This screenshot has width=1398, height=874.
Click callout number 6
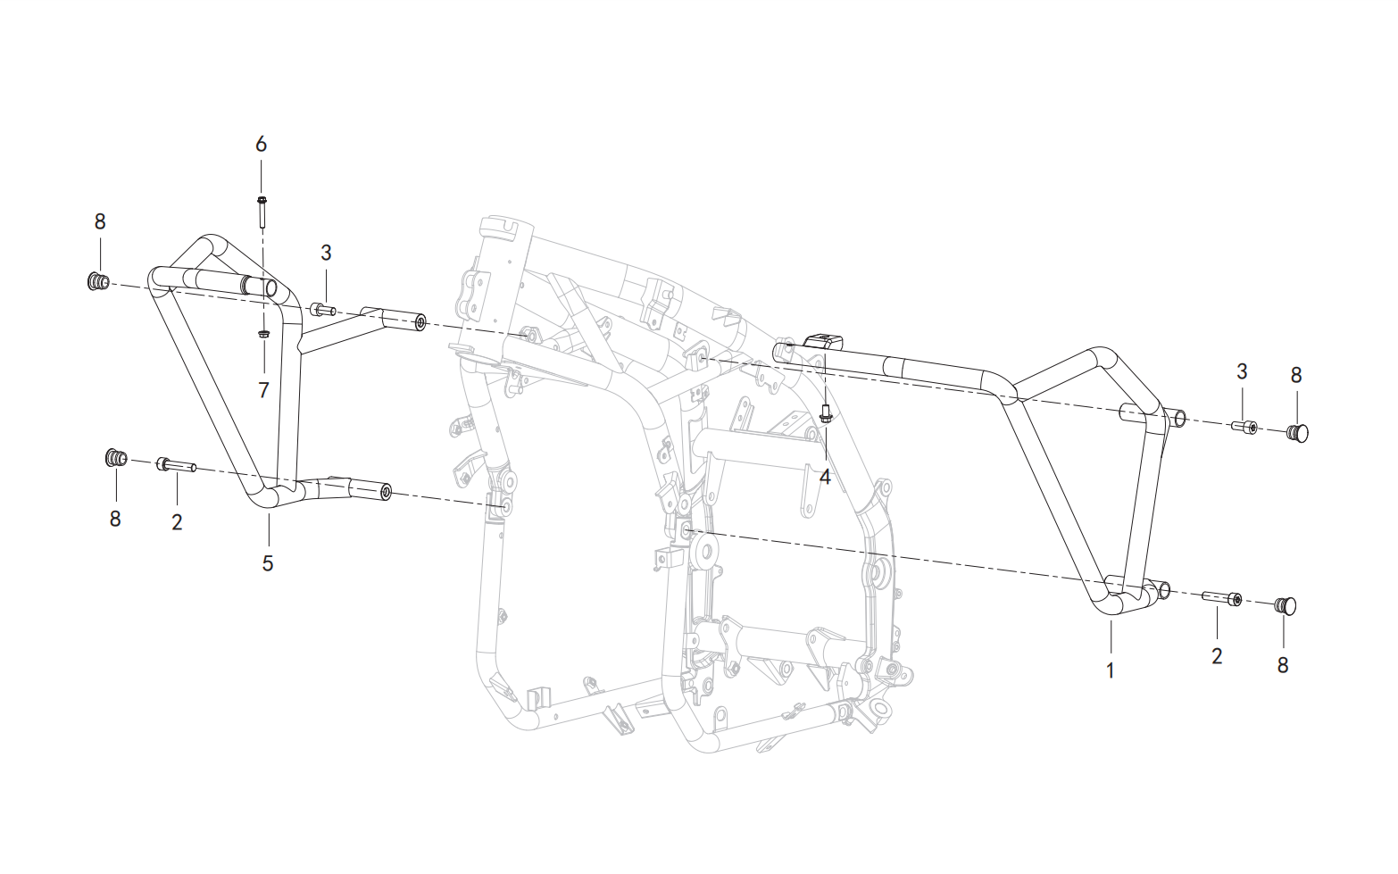click(261, 145)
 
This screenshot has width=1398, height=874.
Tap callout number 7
click(263, 390)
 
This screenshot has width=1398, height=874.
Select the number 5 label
click(268, 563)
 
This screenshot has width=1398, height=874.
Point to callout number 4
click(825, 477)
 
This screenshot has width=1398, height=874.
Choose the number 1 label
click(1110, 671)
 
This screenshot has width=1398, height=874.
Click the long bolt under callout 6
click(262, 212)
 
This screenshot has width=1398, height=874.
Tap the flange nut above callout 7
click(263, 334)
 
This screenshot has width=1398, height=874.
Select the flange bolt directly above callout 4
click(825, 412)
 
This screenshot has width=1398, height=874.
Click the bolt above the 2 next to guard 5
click(178, 465)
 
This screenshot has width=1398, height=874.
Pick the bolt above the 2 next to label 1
click(1221, 598)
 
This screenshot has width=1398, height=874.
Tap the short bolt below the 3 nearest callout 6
click(322, 310)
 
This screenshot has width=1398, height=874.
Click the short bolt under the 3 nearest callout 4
click(1244, 428)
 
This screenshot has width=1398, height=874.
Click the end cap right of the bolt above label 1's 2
click(1285, 604)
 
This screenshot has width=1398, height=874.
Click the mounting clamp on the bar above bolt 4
click(824, 344)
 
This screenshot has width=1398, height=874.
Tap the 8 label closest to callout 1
click(1283, 665)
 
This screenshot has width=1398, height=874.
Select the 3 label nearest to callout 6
click(326, 253)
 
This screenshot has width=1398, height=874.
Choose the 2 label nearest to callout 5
click(178, 522)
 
